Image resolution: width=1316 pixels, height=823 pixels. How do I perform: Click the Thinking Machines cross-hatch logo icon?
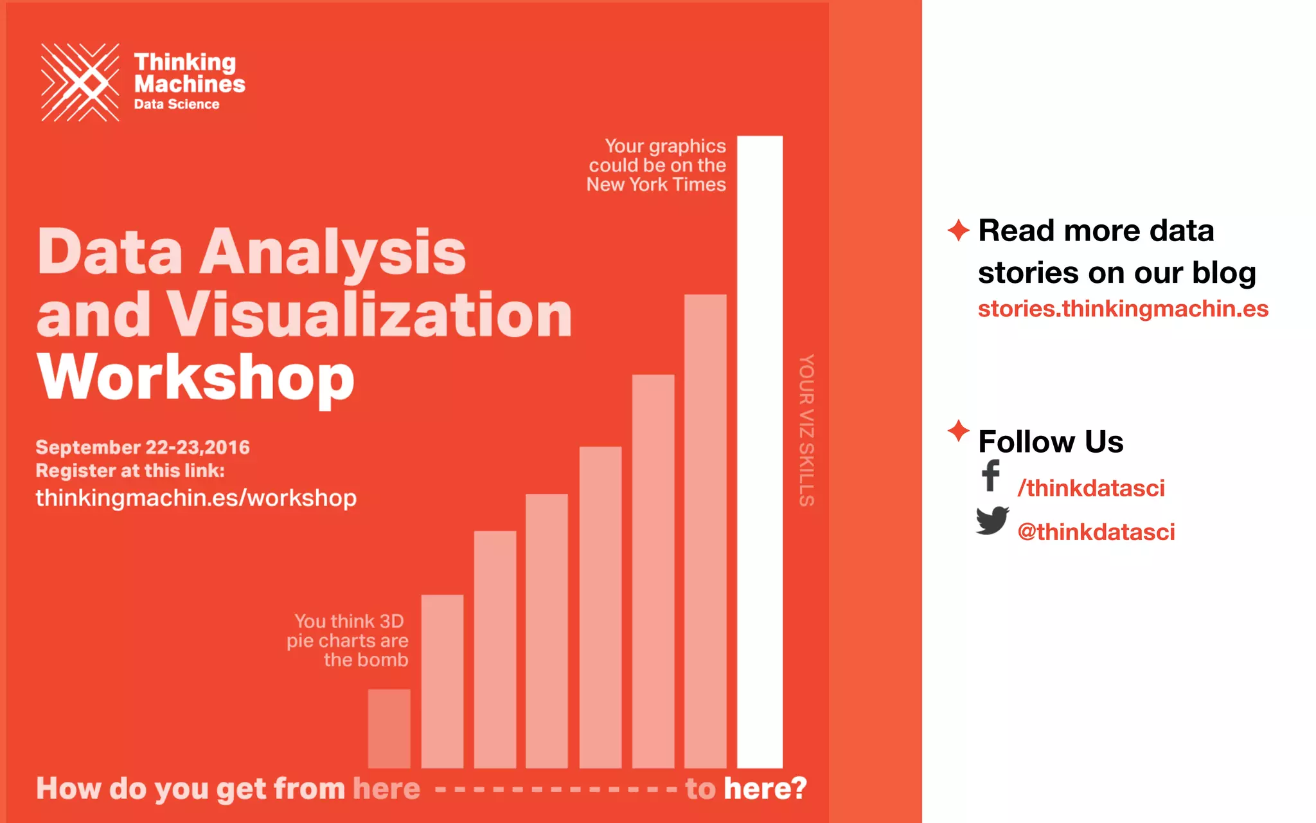click(x=80, y=82)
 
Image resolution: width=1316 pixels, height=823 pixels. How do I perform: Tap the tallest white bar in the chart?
click(x=760, y=450)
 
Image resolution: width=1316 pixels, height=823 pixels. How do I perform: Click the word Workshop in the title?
click(x=196, y=378)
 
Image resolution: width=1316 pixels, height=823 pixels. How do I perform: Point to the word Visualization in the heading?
click(x=369, y=315)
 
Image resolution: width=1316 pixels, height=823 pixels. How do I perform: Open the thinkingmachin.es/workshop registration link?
click(x=196, y=498)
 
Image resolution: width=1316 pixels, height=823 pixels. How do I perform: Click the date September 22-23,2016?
click(x=143, y=448)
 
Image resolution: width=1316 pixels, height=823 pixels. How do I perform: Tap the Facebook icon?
click(x=991, y=476)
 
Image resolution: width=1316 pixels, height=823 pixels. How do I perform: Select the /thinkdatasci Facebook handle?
click(x=1091, y=489)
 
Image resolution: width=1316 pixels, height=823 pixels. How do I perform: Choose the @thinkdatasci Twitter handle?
click(x=1096, y=532)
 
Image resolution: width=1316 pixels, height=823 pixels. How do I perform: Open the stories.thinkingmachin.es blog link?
click(x=1123, y=309)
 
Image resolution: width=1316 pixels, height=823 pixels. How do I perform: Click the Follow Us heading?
click(x=1051, y=442)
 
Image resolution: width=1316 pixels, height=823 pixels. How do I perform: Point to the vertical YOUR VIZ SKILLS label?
click(x=806, y=430)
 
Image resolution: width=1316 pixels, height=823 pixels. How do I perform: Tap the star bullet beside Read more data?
click(x=958, y=230)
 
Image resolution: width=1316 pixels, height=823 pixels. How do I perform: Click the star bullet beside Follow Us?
click(x=958, y=431)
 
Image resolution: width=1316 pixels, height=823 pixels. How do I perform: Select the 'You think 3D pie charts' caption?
click(x=348, y=640)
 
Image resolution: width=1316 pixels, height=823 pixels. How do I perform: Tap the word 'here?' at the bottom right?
click(x=765, y=789)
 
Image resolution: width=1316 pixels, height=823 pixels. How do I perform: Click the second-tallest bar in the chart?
click(x=706, y=530)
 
